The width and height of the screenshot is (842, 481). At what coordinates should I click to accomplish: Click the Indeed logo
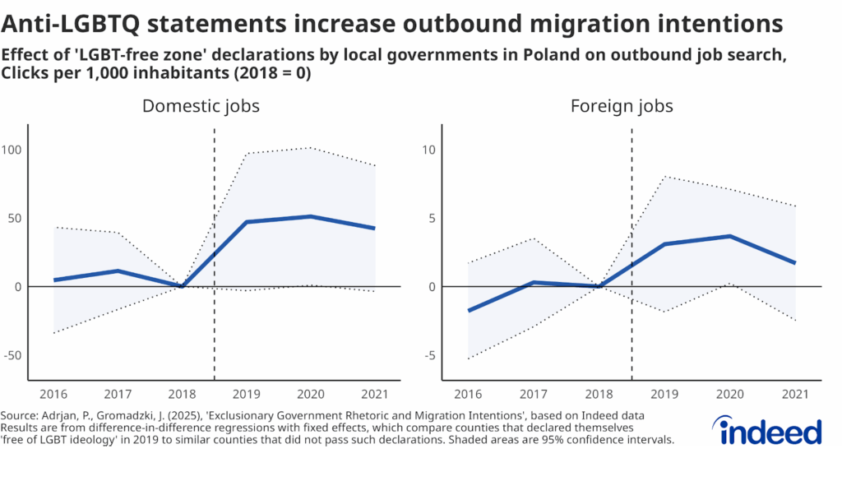point(766,429)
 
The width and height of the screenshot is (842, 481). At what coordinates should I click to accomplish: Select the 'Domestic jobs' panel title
point(201,106)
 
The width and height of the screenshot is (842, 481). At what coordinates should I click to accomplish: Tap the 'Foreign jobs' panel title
point(622,106)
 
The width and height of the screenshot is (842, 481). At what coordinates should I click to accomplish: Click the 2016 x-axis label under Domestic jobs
point(54,395)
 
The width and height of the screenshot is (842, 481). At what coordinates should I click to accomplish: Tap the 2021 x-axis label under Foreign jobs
point(795,395)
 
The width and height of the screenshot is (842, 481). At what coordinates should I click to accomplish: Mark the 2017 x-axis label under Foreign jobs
point(534,395)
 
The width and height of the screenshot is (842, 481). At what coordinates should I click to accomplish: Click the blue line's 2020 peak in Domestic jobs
point(310,216)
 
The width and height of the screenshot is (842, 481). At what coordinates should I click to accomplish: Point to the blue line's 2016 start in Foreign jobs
point(468,311)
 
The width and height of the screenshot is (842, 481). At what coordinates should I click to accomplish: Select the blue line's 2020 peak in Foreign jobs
point(729,236)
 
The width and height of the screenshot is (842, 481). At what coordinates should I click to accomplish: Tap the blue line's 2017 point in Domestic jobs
point(118,271)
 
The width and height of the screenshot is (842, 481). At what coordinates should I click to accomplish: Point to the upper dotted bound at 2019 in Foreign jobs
point(664,176)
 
